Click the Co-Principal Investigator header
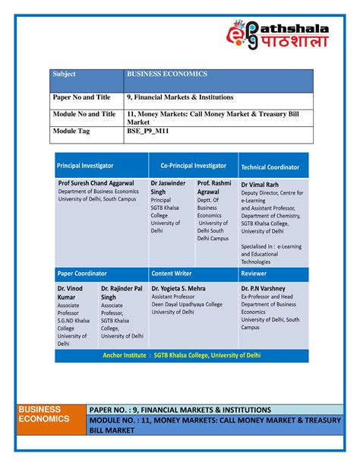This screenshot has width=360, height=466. pos(193,165)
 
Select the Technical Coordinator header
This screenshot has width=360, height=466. pos(270,166)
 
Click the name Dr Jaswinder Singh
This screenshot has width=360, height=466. pos(168,188)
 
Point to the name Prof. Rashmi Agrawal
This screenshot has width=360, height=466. pos(214,188)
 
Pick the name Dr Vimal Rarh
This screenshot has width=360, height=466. pos(261,184)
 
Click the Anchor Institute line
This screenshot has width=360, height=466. pos(181,354)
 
